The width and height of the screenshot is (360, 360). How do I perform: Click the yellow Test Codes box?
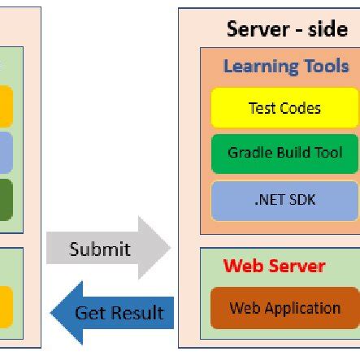pyautogui.click(x=284, y=108)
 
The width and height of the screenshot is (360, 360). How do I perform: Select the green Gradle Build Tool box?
pyautogui.click(x=284, y=153)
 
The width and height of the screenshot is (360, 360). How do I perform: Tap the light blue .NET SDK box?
pyautogui.click(x=284, y=199)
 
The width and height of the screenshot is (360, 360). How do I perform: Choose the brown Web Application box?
pyautogui.click(x=284, y=308)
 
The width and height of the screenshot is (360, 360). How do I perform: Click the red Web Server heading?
pyautogui.click(x=274, y=266)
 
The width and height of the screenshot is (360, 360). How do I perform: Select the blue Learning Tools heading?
pyautogui.click(x=286, y=67)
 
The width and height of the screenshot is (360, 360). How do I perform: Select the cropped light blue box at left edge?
pyautogui.click(x=7, y=152)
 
